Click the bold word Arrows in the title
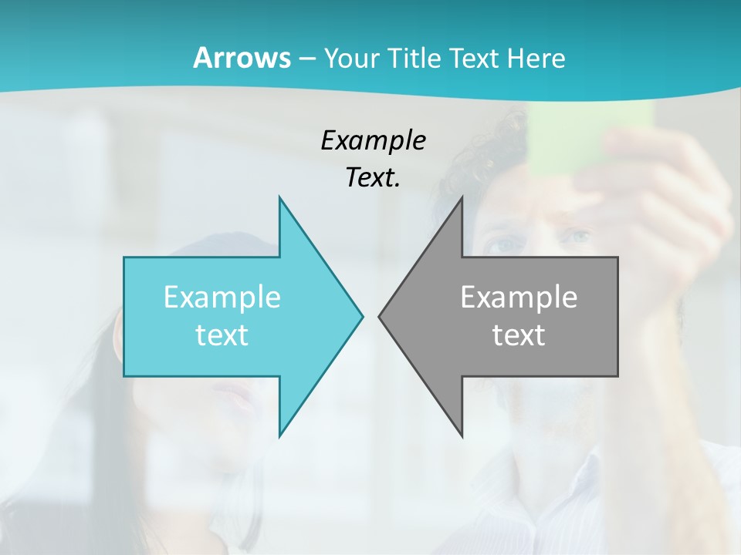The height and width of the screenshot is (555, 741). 241,58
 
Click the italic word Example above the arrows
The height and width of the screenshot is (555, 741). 373,141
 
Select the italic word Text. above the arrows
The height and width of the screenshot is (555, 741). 373,178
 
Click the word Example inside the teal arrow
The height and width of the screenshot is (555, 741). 222,297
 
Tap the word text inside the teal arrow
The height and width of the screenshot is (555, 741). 222,335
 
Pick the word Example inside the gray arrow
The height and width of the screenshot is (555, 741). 519,297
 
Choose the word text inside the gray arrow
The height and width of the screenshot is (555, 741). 519,335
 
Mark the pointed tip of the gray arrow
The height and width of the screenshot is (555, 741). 380,315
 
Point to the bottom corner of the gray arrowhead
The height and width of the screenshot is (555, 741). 462,436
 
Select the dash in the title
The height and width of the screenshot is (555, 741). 306,59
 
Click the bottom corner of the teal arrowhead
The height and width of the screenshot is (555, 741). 279,436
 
